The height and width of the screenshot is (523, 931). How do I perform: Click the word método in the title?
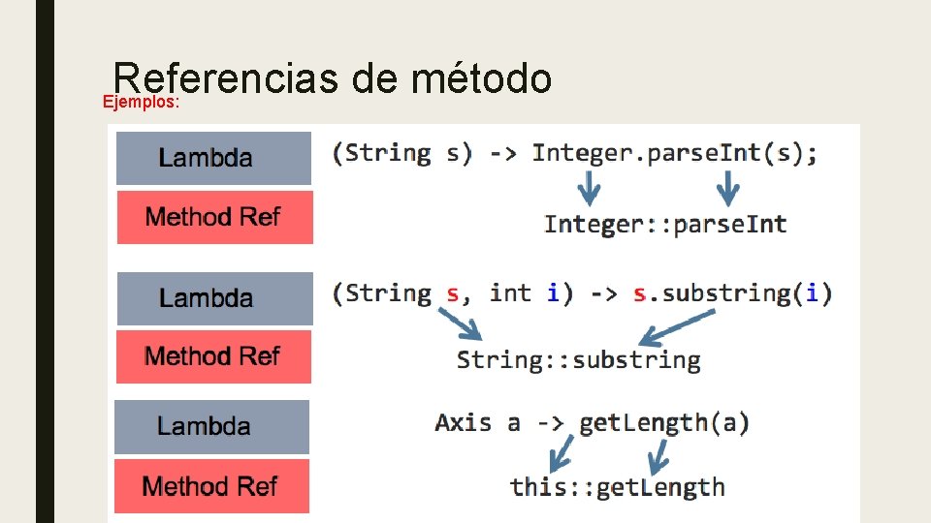481,79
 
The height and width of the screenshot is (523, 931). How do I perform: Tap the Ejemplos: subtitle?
142,102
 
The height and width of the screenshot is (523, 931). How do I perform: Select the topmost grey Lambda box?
213,158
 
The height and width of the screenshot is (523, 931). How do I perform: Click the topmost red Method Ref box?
213,217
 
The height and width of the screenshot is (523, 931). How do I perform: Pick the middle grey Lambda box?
214,298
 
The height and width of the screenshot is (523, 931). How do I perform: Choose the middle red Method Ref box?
213,356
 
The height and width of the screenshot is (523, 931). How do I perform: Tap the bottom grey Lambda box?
211,427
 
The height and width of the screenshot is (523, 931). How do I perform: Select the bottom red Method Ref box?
211,486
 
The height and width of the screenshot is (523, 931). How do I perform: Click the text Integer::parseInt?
665,225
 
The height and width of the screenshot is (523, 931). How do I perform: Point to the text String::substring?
578,360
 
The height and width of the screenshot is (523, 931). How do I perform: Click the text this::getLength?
617,486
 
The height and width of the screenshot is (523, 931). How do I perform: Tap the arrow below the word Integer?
588,187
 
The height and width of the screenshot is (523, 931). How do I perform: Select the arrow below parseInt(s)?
729,187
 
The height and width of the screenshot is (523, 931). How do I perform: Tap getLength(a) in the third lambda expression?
663,422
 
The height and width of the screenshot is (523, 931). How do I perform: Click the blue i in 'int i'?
553,292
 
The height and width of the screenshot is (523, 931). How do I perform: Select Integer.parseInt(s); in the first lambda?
674,153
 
